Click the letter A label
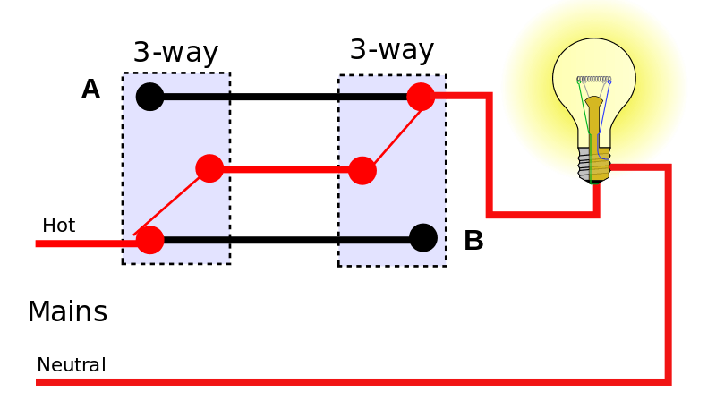pos(90,90)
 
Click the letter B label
pos(473,241)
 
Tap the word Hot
pos(59,225)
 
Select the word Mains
pos(67,311)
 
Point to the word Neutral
pos(71,365)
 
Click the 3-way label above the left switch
pos(175,53)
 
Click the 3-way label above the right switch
pos(391,49)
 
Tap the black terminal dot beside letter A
pos(149,96)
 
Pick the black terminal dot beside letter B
pos(422,237)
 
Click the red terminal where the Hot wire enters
pos(149,240)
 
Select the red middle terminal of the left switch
pos(209,168)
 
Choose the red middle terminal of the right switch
pos(362,170)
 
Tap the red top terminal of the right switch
pos(421,96)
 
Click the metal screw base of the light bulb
pos(593,165)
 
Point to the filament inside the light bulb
pos(593,81)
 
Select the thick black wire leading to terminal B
pos(286,240)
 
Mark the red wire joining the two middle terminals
pos(286,168)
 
